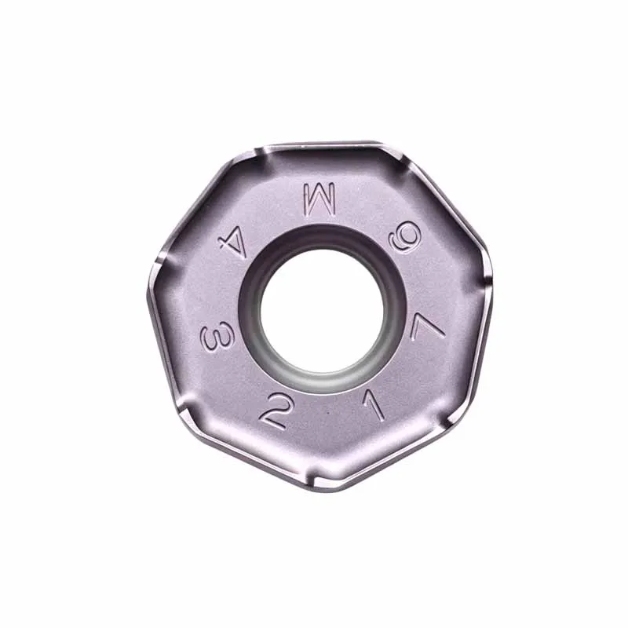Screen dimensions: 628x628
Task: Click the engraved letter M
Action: point(319,198)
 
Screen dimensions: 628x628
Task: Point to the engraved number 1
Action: point(374,403)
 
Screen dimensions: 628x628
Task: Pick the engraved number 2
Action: point(273,411)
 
